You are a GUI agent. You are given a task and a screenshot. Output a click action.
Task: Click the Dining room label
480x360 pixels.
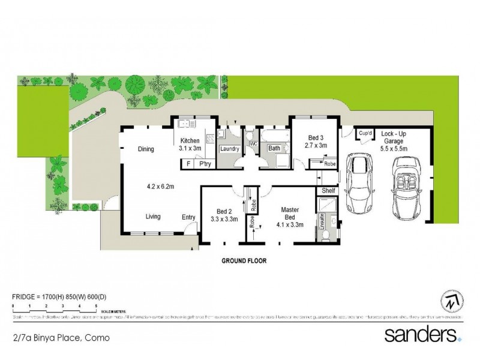(x=146, y=149)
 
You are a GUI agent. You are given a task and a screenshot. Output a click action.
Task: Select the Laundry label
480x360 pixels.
(x=230, y=149)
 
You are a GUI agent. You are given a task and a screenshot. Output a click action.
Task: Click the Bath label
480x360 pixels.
(x=274, y=148)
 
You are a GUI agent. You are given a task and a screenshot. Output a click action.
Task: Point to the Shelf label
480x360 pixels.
(x=328, y=191)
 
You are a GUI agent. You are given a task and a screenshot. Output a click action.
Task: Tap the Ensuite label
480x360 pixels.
(x=322, y=220)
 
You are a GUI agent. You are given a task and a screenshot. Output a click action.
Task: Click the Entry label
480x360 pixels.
(x=188, y=217)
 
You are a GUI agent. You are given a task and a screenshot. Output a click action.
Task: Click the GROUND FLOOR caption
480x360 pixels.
(x=244, y=261)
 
